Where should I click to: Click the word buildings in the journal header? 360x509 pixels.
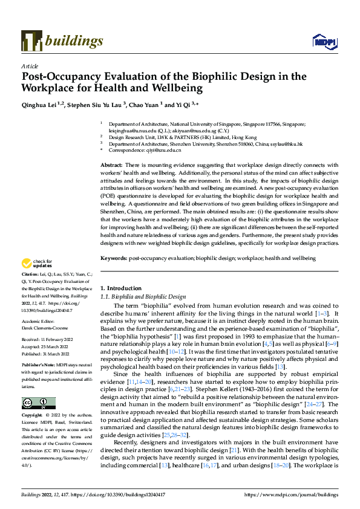pos(73,41)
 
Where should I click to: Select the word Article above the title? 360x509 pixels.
pos(30,65)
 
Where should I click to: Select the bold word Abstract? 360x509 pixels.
pos(113,165)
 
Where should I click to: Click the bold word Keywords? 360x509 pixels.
pos(115,258)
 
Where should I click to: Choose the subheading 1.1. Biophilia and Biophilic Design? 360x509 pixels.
pos(143,297)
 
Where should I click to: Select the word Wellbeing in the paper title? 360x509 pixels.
pos(177,88)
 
